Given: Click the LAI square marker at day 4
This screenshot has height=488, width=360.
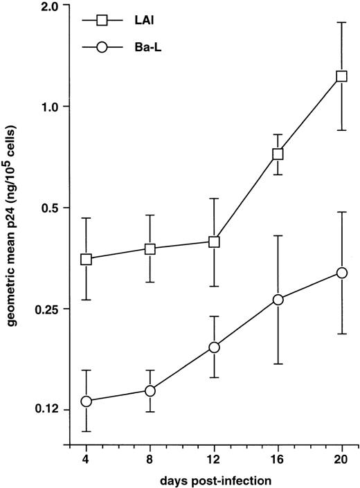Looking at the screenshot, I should coord(86,259).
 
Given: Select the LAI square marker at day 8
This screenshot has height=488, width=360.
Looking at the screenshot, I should coord(150,248).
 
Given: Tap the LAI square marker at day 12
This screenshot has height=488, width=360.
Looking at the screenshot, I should coord(214,242).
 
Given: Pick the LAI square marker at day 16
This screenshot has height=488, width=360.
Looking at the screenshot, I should coord(278,154).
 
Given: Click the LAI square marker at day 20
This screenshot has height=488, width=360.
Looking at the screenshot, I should coord(341,76).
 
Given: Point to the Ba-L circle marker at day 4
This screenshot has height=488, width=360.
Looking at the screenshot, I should coord(86,401).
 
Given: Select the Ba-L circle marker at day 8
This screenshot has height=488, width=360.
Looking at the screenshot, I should coord(150,390).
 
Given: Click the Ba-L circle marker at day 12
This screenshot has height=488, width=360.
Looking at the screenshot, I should coord(214,347).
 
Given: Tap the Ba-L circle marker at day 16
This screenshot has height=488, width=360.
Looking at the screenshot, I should coord(278,300).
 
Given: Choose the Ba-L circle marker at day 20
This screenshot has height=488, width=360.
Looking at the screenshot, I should coord(341,273).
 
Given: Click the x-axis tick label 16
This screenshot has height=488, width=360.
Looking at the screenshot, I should coord(278,458).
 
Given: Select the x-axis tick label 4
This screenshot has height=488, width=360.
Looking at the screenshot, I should coord(86,458).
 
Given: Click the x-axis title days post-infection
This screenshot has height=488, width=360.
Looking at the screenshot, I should coord(214,479).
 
